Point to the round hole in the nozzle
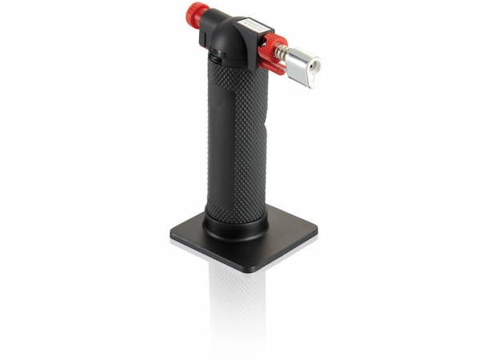point(310,62)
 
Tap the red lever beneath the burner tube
point(272,63)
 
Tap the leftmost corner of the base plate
point(172,235)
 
